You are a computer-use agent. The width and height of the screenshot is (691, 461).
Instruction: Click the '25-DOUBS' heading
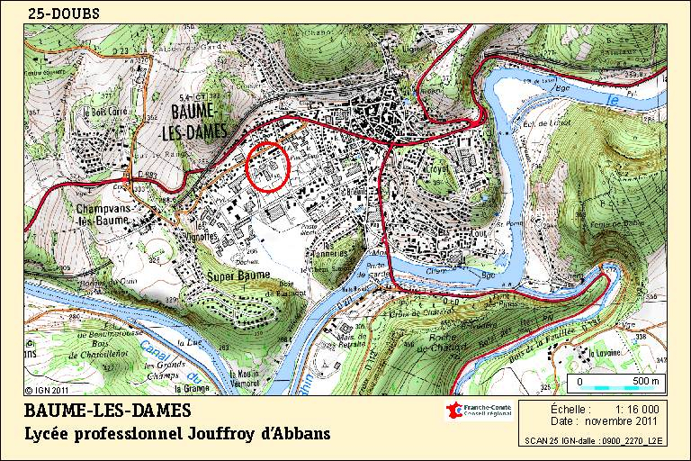tap(64, 14)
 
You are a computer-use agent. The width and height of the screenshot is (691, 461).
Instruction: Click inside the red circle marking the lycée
tap(268, 167)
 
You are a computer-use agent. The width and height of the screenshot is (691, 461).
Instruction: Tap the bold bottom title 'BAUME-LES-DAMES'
tap(107, 411)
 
